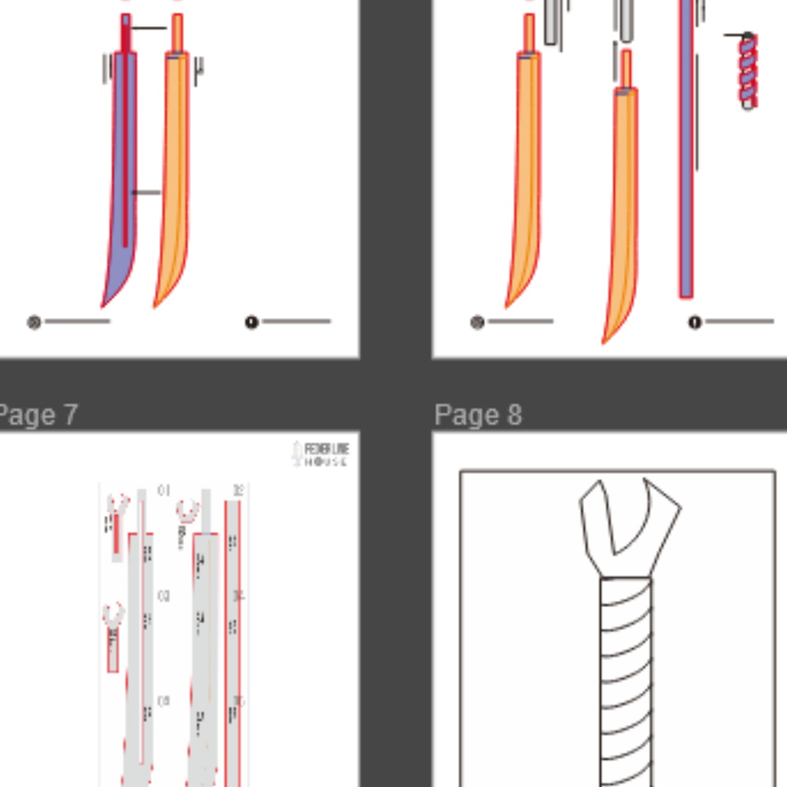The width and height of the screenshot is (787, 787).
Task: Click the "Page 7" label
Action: click(x=38, y=415)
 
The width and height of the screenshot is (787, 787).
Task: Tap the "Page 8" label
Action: click(x=478, y=415)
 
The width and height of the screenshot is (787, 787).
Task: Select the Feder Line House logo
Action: click(x=321, y=454)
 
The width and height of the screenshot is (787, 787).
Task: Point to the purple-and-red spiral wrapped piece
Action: click(x=748, y=71)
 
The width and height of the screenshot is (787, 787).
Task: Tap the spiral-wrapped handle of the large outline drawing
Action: click(x=626, y=681)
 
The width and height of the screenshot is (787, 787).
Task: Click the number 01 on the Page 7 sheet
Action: click(x=163, y=491)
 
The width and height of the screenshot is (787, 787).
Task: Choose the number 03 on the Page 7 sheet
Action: click(x=163, y=596)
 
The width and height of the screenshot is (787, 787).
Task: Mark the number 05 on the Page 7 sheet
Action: click(x=163, y=701)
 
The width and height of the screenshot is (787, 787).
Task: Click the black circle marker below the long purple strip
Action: click(x=694, y=322)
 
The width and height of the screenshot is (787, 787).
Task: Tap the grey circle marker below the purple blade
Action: click(x=34, y=322)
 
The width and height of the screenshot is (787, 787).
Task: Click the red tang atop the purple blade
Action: click(x=126, y=33)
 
